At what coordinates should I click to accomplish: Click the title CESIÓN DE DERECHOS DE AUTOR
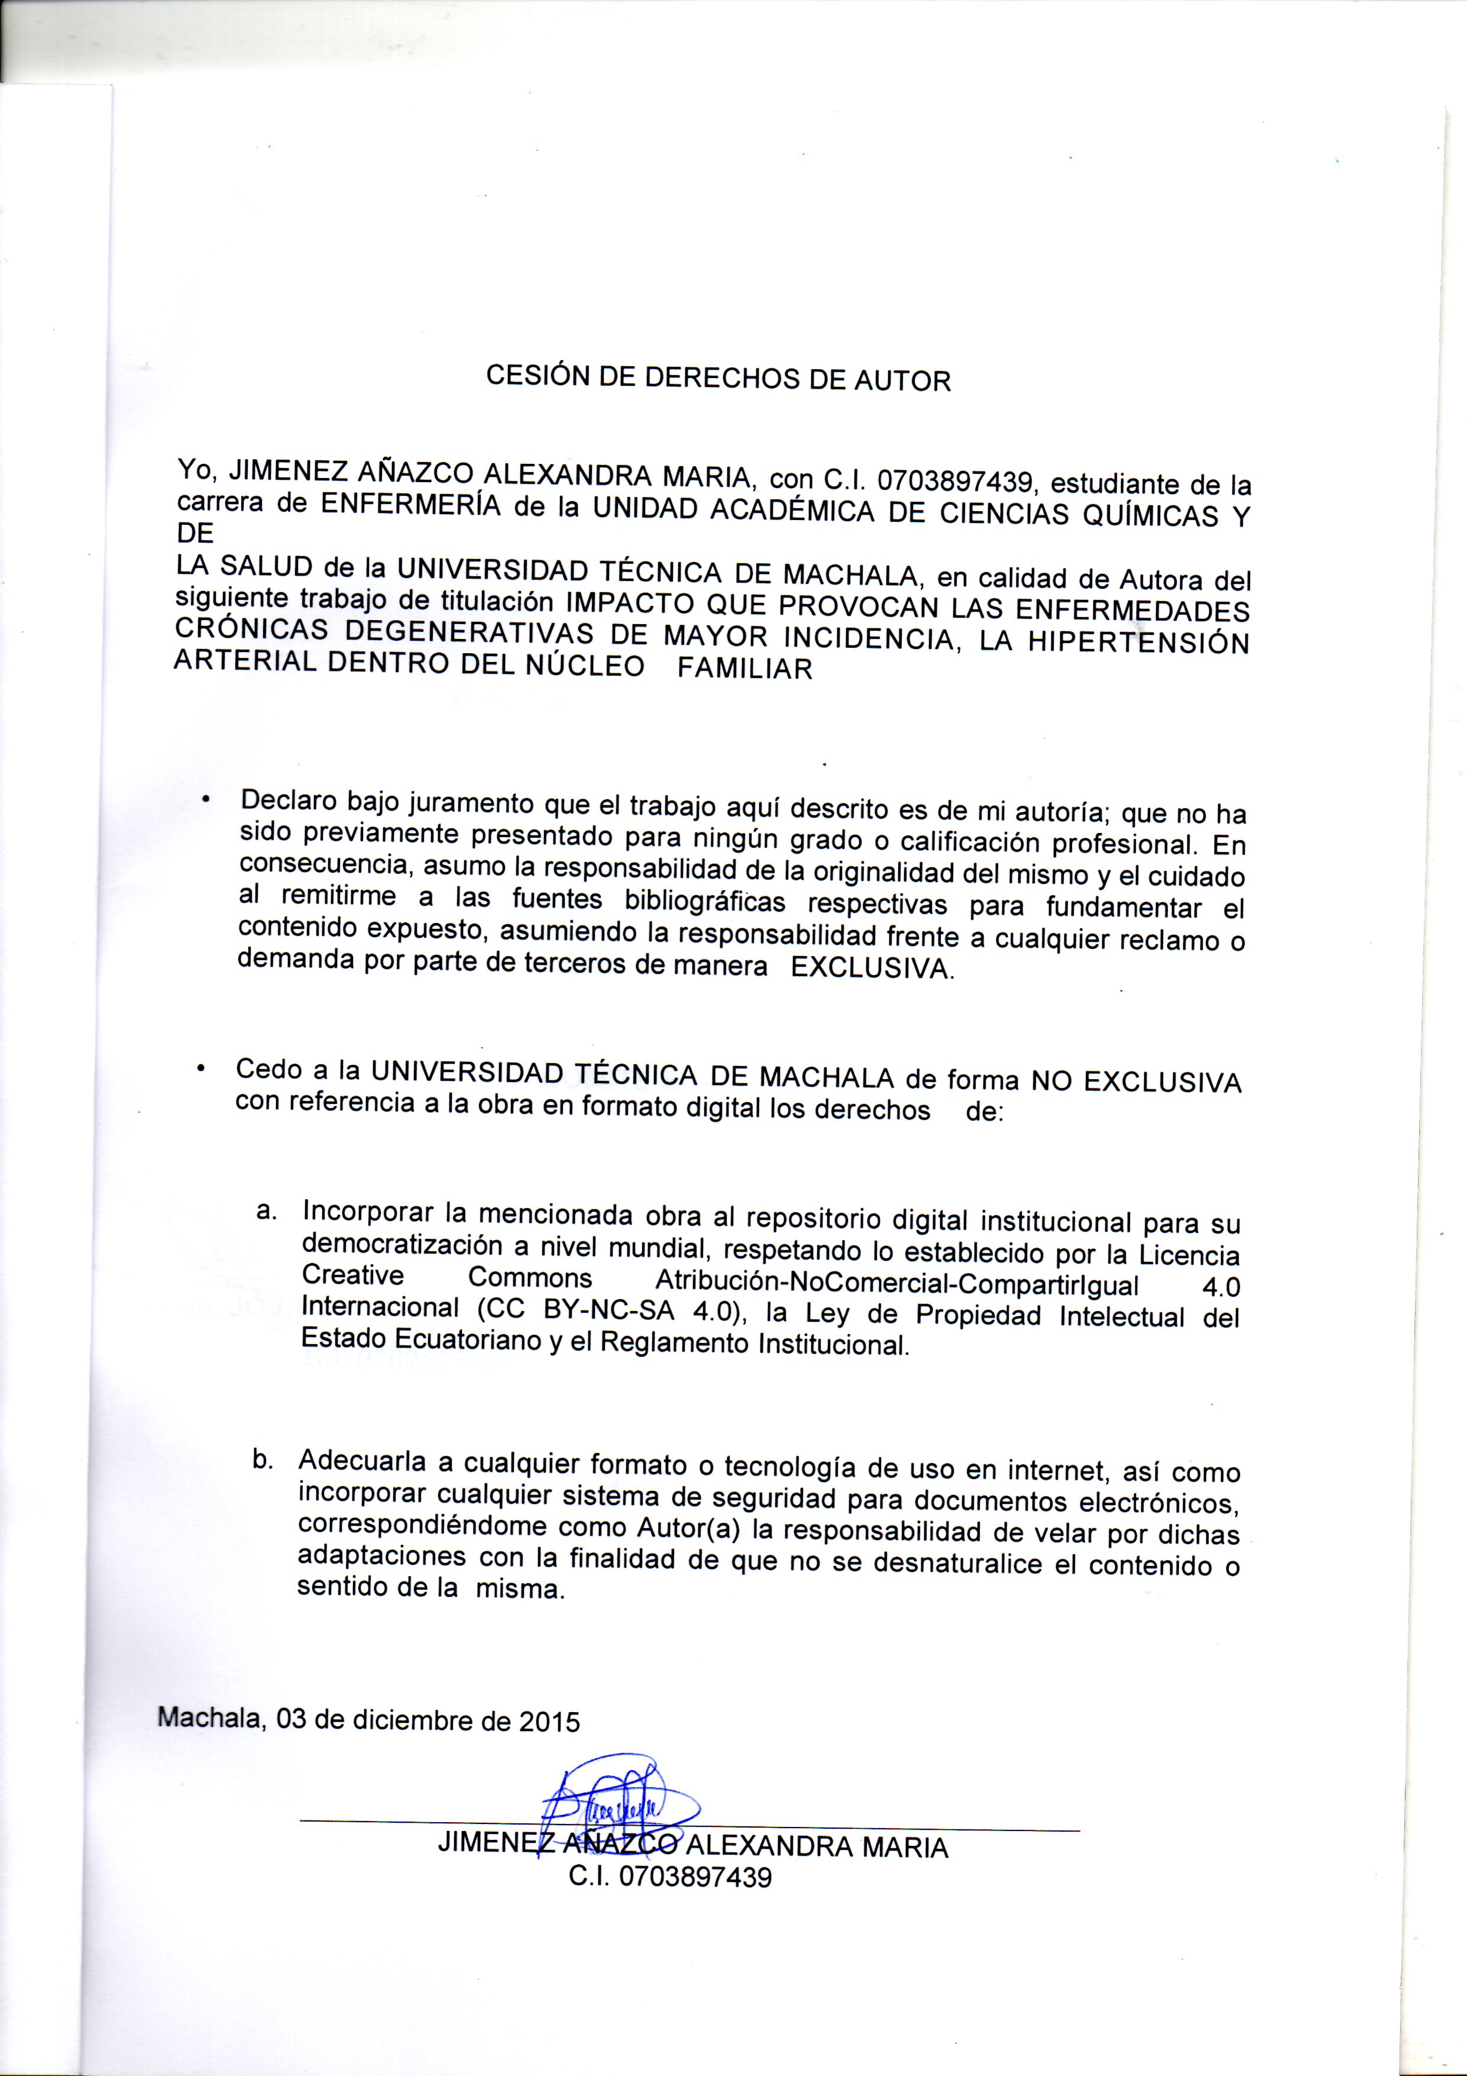click(718, 378)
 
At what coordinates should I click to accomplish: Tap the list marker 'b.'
click(263, 1458)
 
